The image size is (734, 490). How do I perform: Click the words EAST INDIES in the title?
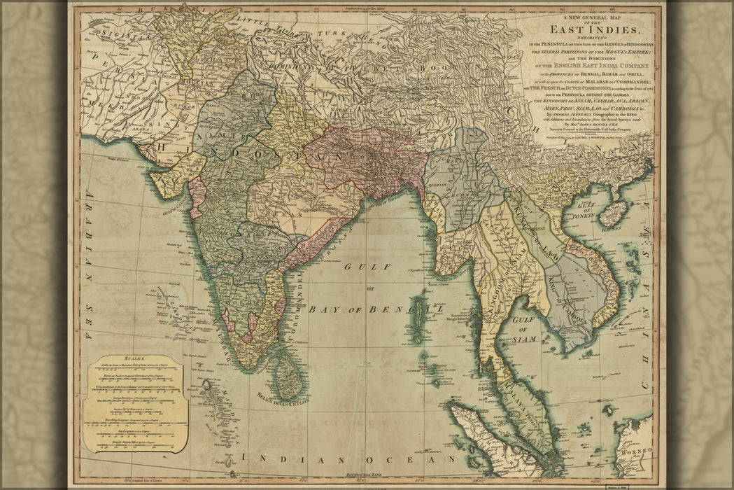[x=594, y=29]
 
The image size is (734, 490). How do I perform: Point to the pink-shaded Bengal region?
[x=364, y=161]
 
